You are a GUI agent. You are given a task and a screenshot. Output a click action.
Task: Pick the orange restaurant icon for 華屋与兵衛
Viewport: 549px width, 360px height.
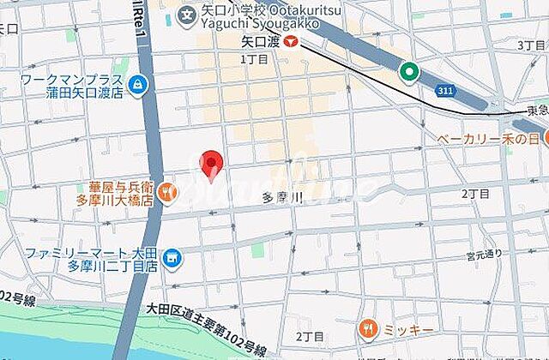coord(167,191)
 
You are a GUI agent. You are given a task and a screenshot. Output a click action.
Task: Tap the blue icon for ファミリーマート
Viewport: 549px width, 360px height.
coord(172,257)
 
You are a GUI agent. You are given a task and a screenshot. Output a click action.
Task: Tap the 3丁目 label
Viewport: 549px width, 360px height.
coord(529,45)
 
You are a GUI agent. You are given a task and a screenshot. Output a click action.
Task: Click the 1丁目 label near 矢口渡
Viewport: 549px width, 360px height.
coord(254,60)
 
